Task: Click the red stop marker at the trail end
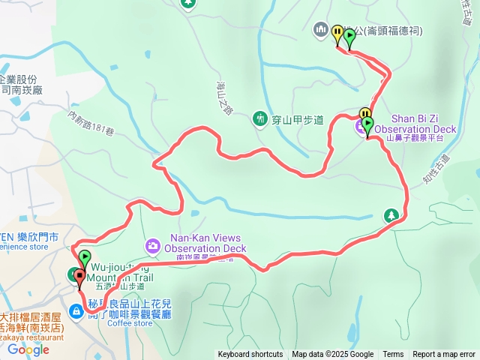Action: [x=79, y=276]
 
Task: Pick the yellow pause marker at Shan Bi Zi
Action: [x=364, y=115]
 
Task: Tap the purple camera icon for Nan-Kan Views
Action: [x=153, y=244]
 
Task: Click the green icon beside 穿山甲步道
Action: [x=260, y=118]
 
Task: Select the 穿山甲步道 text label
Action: [x=296, y=118]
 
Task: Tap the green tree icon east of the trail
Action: [x=391, y=216]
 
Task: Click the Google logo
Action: [x=28, y=349]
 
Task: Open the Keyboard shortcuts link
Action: [x=250, y=355]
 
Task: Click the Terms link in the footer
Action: [x=393, y=355]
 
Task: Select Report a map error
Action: [x=444, y=355]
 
